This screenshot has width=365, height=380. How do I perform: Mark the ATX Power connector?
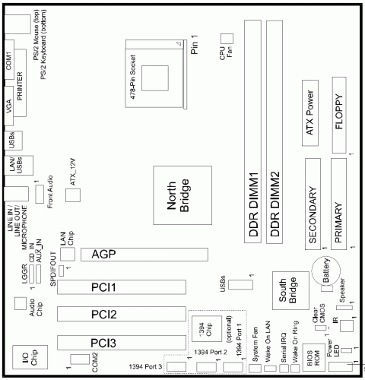coord(311,114)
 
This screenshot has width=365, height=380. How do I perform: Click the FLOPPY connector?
coord(338,114)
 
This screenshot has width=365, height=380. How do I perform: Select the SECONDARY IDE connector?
coord(312,202)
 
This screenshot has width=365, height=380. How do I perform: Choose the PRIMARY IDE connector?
coord(338,202)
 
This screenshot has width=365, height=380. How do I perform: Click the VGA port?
coord(10,110)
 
